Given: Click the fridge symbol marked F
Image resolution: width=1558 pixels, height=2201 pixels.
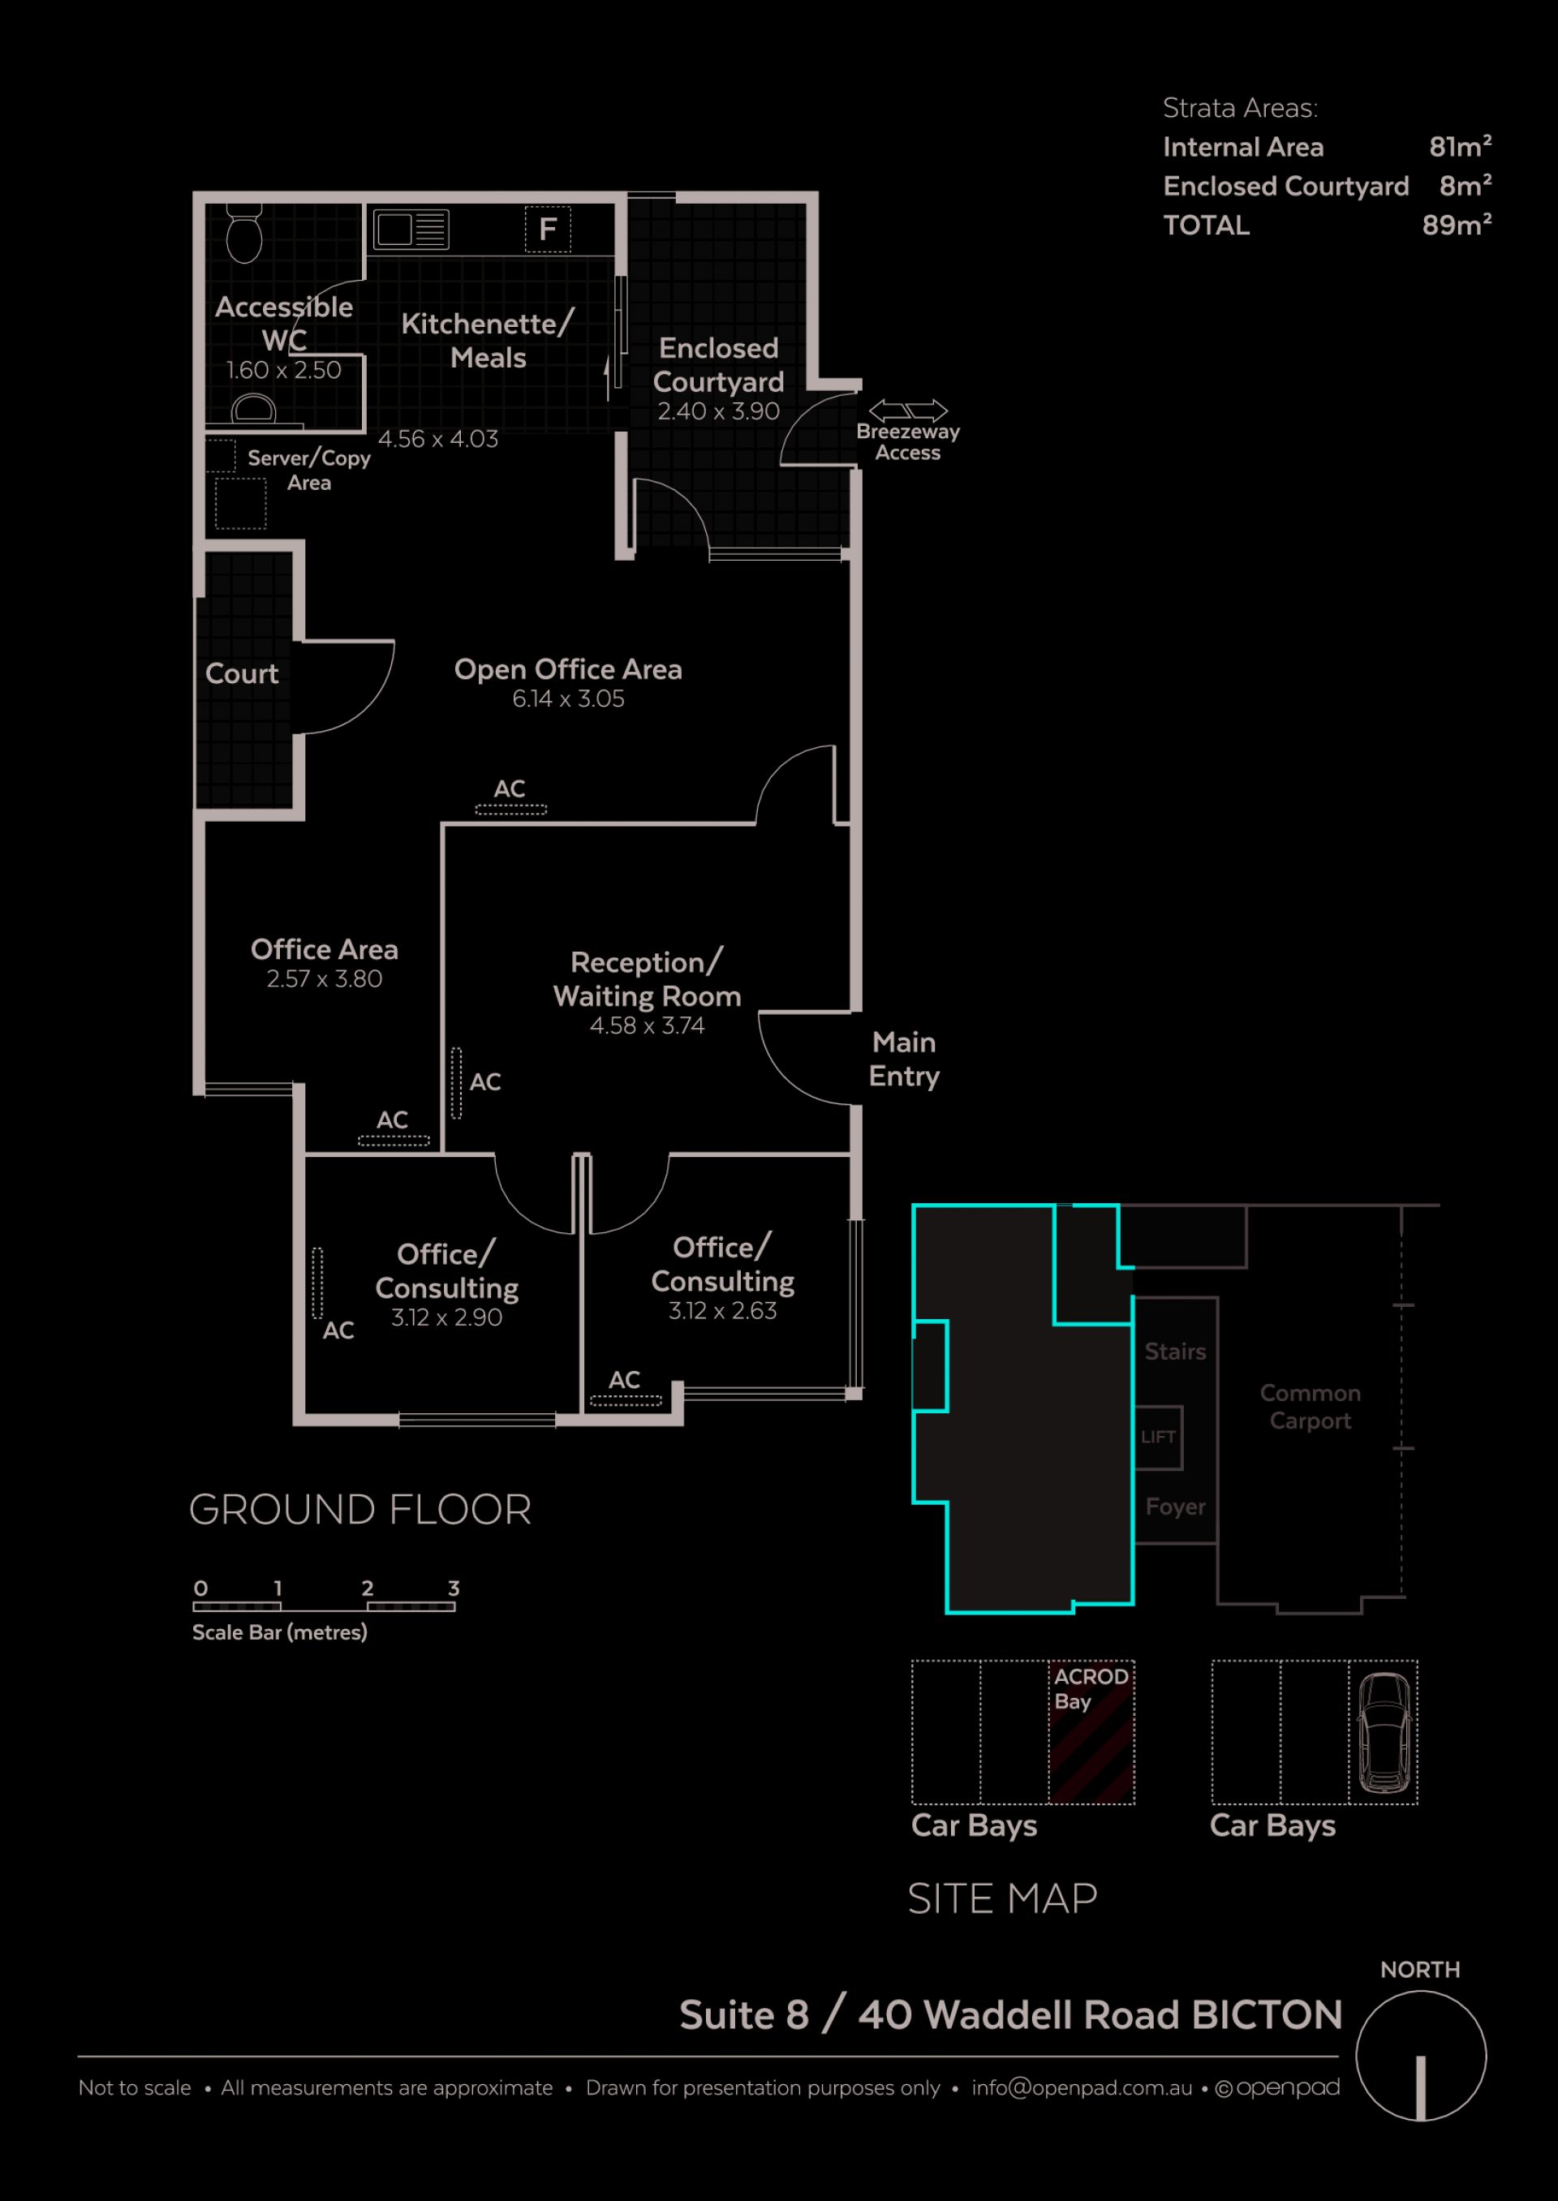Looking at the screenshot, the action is [548, 230].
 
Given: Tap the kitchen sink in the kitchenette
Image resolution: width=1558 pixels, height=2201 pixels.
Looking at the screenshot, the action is [411, 230].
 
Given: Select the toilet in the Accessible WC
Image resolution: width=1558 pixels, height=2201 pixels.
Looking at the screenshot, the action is [244, 233].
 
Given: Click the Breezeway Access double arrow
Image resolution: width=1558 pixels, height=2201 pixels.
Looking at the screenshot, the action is [907, 411].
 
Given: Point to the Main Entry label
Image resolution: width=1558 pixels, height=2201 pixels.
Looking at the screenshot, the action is [904, 1059].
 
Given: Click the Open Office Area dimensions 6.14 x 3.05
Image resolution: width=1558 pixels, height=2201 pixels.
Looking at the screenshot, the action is [568, 699].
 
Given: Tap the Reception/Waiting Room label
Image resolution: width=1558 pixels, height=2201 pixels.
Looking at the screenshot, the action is [648, 979].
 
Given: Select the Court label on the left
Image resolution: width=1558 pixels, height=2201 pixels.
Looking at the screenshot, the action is [242, 673].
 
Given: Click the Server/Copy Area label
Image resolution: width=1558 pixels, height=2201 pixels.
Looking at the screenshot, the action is [309, 470].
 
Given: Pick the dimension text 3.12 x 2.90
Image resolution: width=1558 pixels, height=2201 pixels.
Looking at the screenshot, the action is [446, 1317].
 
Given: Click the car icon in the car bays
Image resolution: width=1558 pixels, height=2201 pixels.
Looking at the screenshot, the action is [1384, 1732].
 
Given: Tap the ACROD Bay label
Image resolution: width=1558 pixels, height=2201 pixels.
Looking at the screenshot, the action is [1091, 1689].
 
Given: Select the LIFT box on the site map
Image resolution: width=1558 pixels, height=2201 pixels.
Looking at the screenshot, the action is [1158, 1437].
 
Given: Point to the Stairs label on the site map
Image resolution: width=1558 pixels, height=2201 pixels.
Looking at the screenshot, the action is [1175, 1352].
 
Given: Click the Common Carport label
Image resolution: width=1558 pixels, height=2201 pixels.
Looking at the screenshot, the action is [1310, 1406].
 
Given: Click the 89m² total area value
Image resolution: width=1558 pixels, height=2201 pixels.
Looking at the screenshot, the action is [1457, 225].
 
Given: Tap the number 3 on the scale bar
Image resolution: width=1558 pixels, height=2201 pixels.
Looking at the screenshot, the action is [454, 1588].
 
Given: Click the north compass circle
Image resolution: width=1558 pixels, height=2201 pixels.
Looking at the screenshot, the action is [1421, 2055].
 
